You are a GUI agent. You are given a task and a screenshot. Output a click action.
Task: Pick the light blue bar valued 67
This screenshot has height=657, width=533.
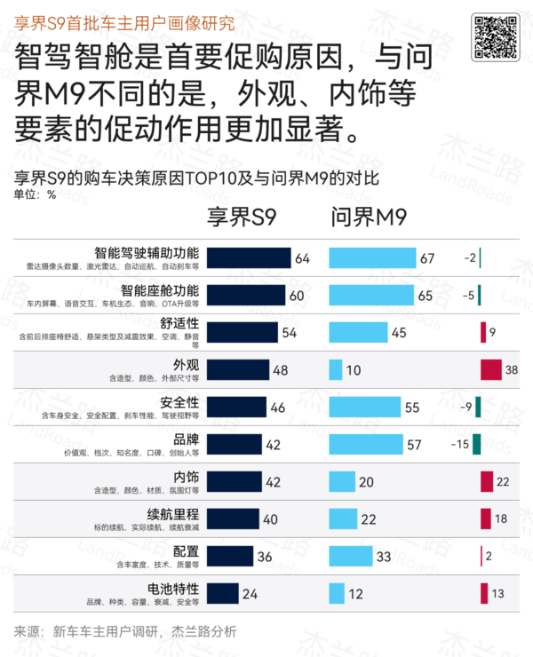[372, 257]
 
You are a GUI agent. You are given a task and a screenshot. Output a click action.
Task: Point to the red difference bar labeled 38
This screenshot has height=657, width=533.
[490, 369]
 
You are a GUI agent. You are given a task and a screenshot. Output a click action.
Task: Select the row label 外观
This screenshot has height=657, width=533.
[187, 365]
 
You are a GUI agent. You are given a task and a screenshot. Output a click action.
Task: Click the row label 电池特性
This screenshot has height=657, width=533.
[172, 588]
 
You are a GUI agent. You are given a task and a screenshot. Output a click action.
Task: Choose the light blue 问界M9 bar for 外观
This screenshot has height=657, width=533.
[336, 369]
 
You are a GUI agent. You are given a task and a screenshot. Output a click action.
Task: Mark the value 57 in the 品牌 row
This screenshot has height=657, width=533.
[438, 444]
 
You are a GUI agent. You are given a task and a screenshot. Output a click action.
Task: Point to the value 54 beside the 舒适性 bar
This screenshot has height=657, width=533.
[289, 332]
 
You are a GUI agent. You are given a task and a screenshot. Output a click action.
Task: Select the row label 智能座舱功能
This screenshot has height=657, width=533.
[160, 290]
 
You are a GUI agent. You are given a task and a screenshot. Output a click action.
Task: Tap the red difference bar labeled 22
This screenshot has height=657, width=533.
[486, 481]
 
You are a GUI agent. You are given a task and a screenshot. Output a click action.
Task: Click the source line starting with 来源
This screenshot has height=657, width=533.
[125, 631]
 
